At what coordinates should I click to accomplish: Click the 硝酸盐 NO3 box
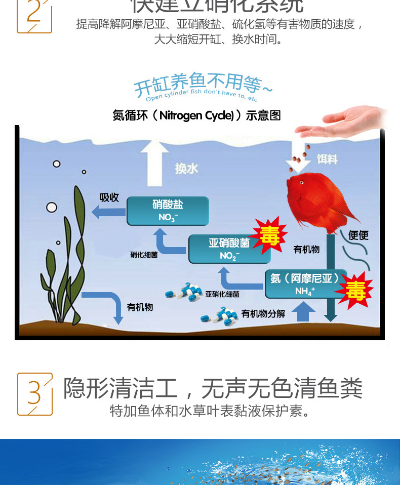pos(168,211)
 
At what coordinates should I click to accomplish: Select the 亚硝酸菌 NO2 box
pos(229,249)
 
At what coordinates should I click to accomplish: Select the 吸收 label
pos(109,197)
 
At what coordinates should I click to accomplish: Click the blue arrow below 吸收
pos(108,212)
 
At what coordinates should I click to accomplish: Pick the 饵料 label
pos(327,159)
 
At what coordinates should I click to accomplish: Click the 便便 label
pos(358,235)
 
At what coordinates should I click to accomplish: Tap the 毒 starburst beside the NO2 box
pos(270,235)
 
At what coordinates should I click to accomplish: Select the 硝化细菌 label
pos(144,255)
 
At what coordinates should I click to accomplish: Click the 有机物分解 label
pos(263,314)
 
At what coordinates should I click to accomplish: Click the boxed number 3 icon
pos(34,394)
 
